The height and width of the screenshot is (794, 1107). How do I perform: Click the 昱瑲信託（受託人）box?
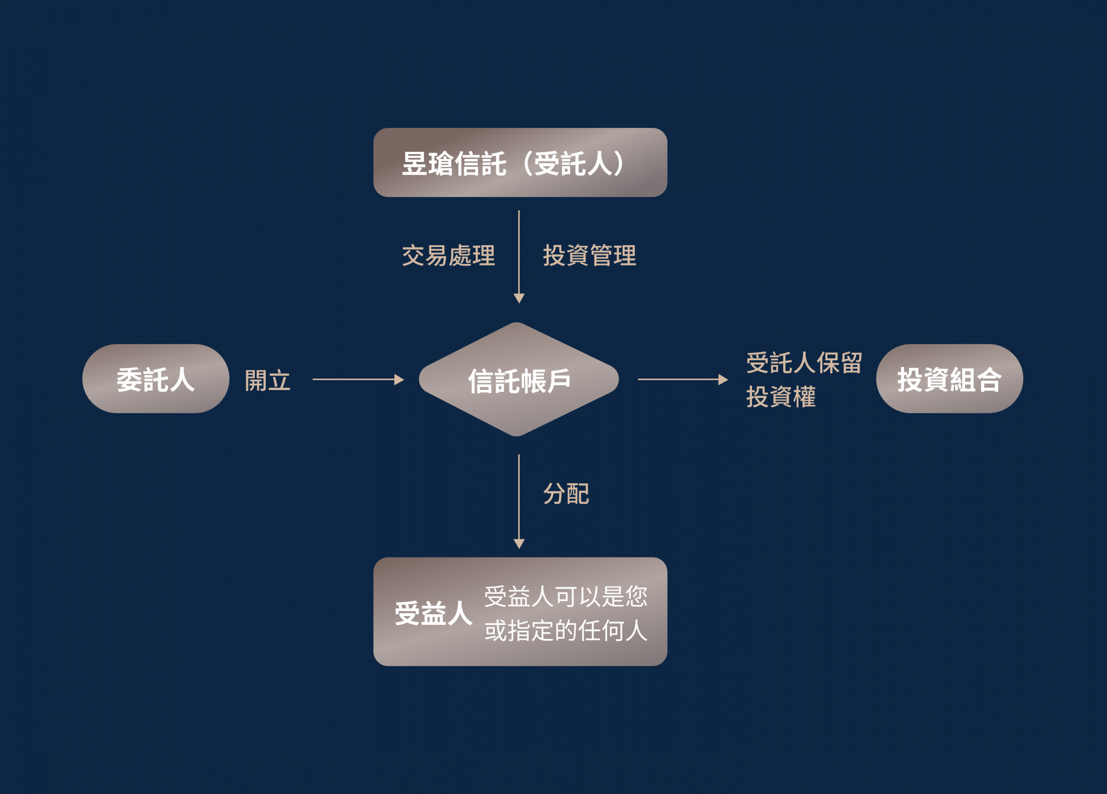point(520,163)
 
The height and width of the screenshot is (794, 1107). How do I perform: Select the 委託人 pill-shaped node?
point(156,379)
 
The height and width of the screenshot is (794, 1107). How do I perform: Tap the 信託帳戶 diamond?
point(519,379)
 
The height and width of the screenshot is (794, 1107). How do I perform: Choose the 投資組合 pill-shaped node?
point(949,379)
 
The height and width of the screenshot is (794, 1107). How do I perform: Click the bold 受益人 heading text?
point(433,613)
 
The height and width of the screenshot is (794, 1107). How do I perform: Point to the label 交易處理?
point(448,256)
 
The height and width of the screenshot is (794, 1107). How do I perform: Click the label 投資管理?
point(590,256)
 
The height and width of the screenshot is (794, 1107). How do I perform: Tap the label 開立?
point(268,380)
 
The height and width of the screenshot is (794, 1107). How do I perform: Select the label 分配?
point(566,494)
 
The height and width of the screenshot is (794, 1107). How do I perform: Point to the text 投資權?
point(781,397)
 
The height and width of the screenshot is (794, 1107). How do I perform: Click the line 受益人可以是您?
point(566,597)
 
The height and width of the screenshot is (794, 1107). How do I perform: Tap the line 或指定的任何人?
point(566,631)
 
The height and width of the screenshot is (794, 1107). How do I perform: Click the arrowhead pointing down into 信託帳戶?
point(519,298)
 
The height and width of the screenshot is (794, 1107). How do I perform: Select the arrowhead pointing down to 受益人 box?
point(519,544)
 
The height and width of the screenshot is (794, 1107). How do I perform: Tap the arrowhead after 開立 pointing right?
point(399,379)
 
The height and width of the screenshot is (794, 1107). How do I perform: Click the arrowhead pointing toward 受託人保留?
point(723,379)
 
